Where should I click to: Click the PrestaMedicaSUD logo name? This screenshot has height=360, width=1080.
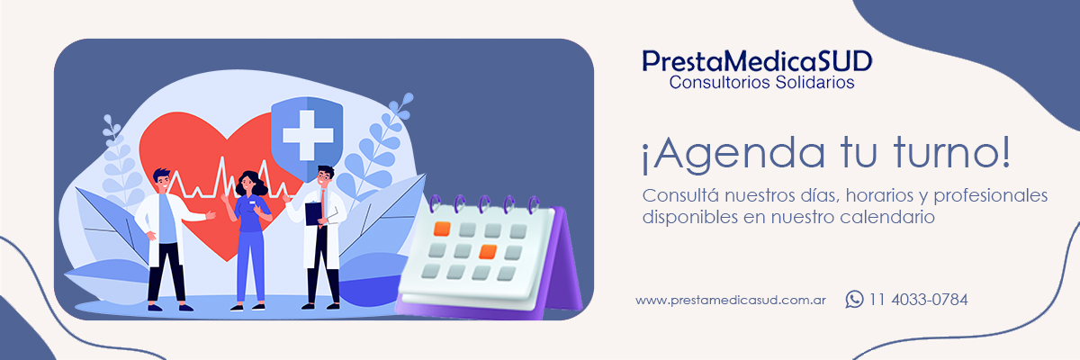[x=757, y=62]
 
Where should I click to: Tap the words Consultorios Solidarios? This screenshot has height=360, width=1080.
[x=761, y=83]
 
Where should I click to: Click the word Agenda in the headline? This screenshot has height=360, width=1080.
[x=733, y=154]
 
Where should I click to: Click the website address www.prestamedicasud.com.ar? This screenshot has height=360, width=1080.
[x=731, y=301]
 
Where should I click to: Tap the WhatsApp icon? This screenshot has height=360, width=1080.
[x=854, y=300]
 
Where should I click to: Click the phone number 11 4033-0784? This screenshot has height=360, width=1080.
[x=919, y=300]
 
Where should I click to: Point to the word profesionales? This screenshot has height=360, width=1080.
[x=990, y=195]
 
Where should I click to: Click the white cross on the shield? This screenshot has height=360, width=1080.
[x=308, y=135]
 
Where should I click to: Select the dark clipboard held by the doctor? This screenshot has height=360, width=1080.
[x=313, y=213]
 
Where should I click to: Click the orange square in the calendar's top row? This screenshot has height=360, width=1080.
[x=442, y=229]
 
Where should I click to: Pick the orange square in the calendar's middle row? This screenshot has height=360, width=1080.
[x=488, y=252]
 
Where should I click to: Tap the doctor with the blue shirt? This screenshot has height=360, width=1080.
[x=169, y=239]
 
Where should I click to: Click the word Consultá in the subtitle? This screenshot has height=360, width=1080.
[x=680, y=195]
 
